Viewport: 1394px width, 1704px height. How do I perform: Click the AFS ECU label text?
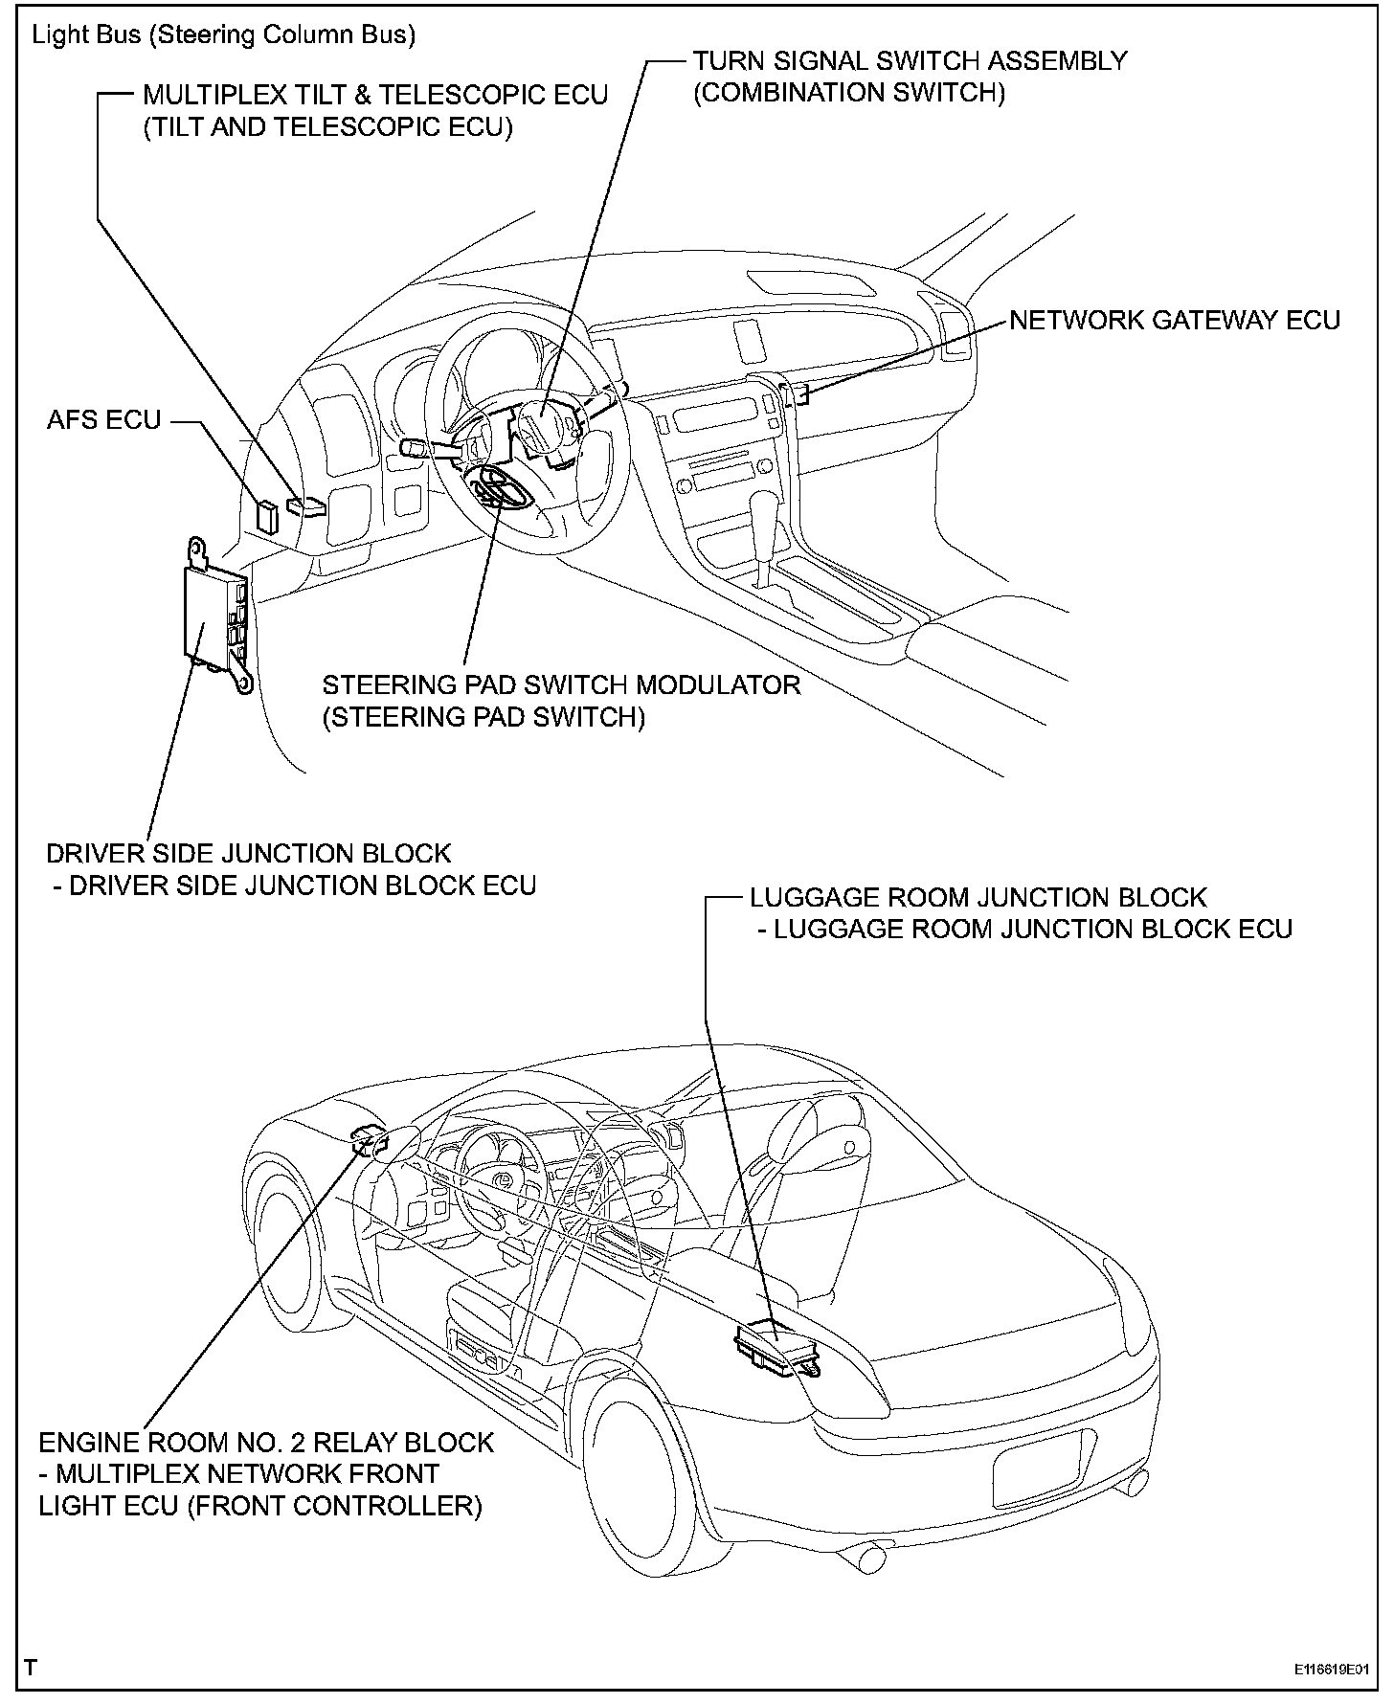[104, 419]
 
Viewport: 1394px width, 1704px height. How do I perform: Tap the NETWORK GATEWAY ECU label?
[1175, 321]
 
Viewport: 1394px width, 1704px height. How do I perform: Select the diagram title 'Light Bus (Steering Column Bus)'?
[224, 35]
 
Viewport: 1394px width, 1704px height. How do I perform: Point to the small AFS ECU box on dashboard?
[266, 515]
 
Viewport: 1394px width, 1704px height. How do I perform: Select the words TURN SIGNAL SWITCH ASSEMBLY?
[910, 61]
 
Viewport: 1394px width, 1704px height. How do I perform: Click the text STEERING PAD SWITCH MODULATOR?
[561, 685]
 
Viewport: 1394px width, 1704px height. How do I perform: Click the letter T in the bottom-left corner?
[32, 1667]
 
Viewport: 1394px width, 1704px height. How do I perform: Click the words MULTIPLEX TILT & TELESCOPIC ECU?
[375, 95]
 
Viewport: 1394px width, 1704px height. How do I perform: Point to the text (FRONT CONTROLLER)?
[334, 1506]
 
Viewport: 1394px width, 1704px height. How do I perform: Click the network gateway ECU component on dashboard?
[797, 392]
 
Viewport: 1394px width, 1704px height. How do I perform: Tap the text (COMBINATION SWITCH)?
[849, 93]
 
